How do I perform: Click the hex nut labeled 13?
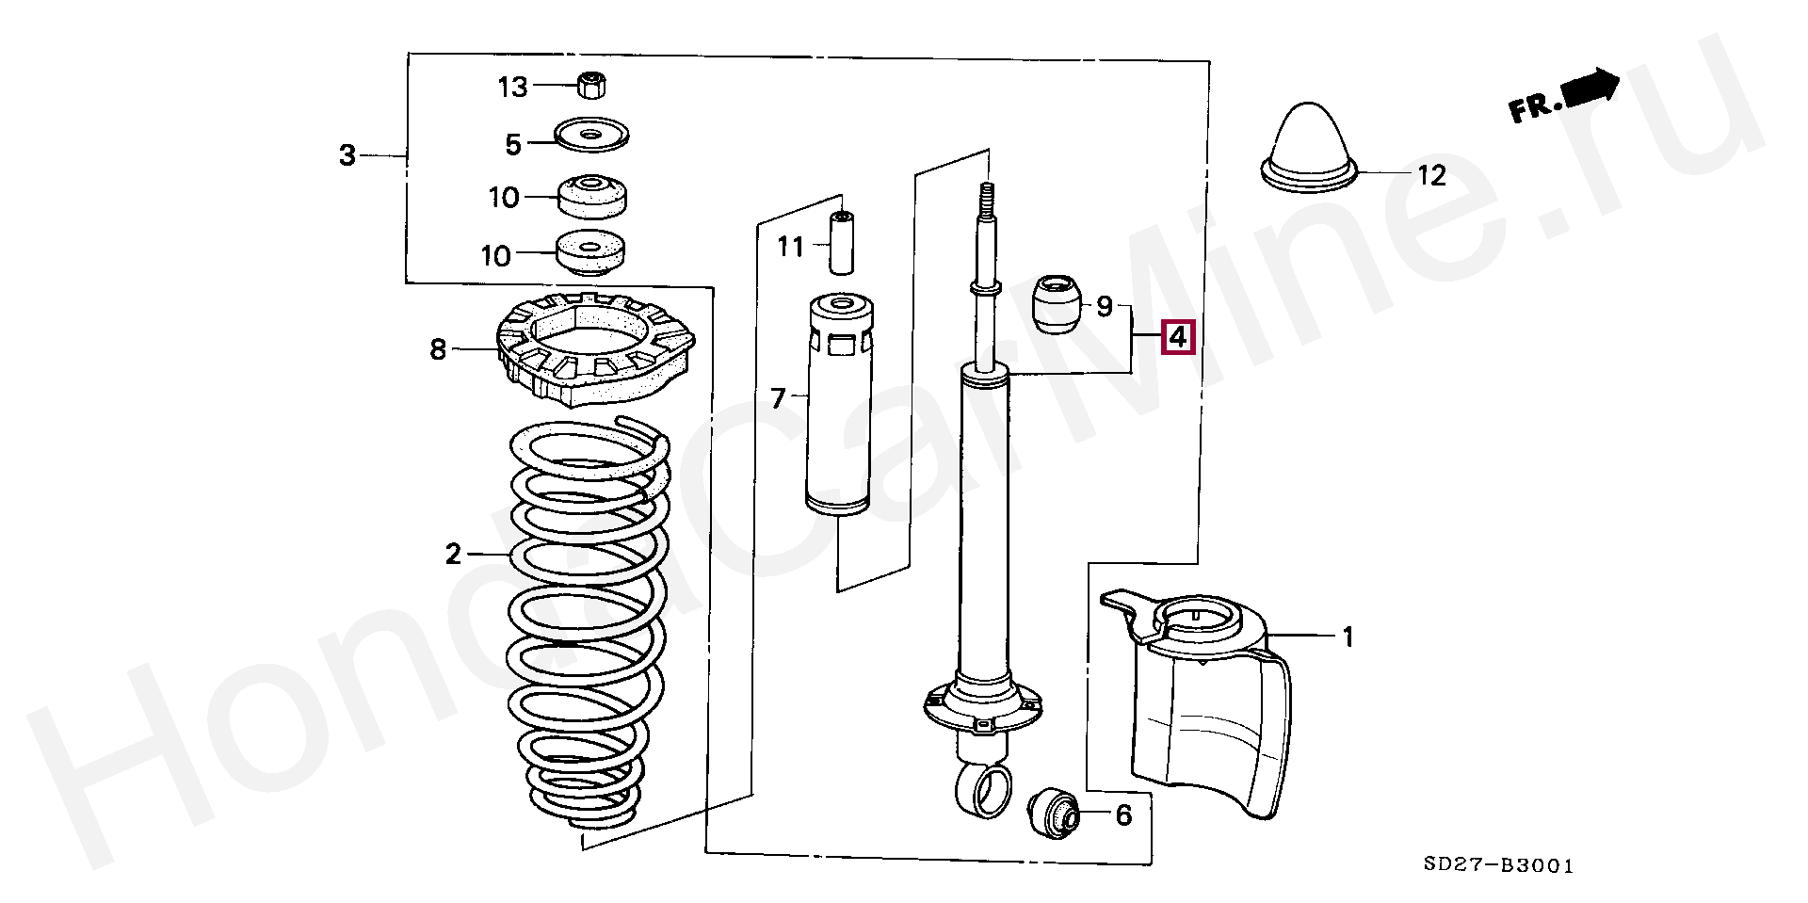click(x=590, y=84)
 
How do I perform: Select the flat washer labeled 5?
click(x=590, y=134)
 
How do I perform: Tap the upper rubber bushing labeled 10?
click(x=592, y=196)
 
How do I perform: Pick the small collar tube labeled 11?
click(x=841, y=242)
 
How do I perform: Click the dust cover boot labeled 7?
click(x=839, y=405)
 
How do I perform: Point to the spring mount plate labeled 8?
click(x=594, y=348)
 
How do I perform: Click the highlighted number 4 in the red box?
click(x=1178, y=337)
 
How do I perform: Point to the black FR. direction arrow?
click(x=1590, y=87)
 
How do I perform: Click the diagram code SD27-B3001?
click(x=1498, y=865)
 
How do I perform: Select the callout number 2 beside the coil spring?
click(x=454, y=555)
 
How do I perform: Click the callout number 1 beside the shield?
click(x=1348, y=637)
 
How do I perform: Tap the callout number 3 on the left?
click(x=347, y=155)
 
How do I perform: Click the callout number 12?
click(x=1430, y=175)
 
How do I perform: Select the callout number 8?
click(x=438, y=349)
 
